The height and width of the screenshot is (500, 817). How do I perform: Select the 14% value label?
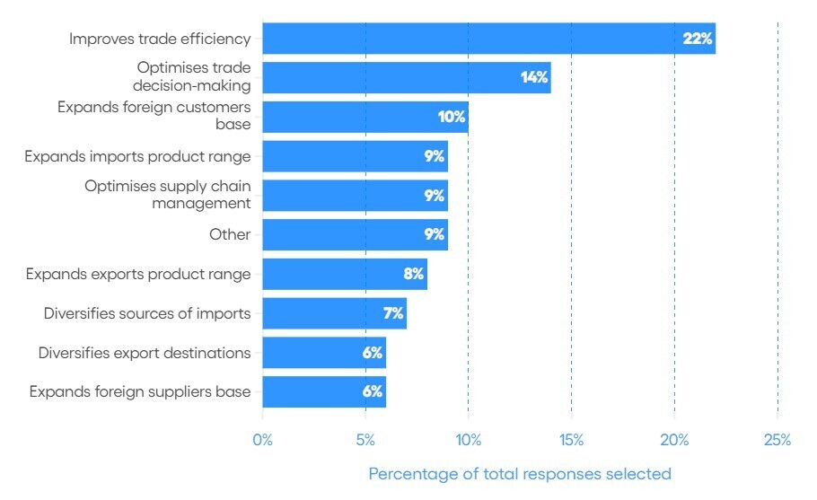click(x=533, y=78)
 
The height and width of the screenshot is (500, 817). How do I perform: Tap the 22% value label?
click(x=697, y=39)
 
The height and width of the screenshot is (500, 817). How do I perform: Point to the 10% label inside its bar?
click(x=451, y=117)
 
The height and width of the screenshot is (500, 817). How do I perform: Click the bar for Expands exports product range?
click(x=345, y=274)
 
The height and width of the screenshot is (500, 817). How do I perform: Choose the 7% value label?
click(x=393, y=313)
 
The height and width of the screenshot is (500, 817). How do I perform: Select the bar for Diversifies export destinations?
click(x=324, y=353)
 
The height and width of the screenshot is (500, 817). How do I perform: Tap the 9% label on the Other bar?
click(x=435, y=235)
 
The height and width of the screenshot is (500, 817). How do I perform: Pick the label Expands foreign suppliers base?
click(x=140, y=392)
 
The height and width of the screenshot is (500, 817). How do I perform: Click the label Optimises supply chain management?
click(x=168, y=195)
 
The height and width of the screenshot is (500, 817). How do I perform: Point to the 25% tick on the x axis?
click(x=777, y=440)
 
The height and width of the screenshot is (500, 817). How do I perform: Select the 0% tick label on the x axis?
click(x=262, y=440)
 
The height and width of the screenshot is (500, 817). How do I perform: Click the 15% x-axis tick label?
click(x=571, y=440)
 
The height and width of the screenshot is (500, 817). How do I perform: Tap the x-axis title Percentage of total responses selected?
click(x=520, y=473)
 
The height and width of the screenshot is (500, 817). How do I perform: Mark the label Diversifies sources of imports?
click(x=147, y=313)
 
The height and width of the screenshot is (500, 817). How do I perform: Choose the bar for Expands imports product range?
click(x=355, y=156)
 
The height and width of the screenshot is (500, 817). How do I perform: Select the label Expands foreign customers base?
click(x=154, y=117)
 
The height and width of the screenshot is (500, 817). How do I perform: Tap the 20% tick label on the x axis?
click(x=674, y=440)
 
